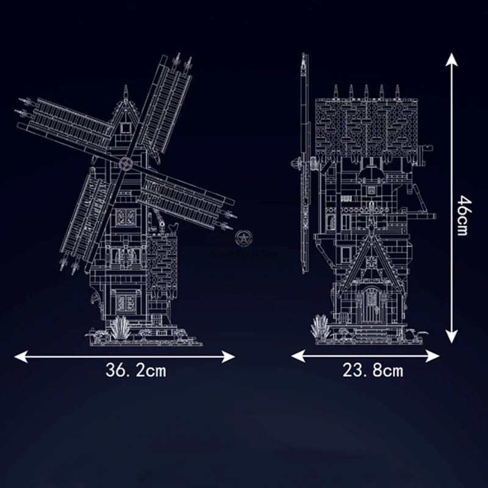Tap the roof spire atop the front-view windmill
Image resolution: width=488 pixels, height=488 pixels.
126,91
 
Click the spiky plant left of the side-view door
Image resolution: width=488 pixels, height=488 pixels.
319,328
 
